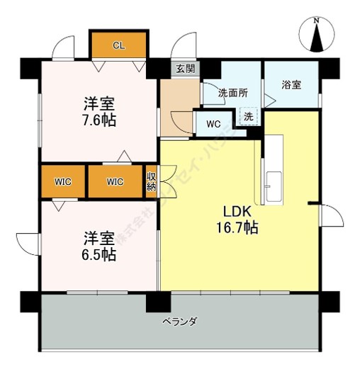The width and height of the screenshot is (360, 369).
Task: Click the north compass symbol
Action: point(317,36)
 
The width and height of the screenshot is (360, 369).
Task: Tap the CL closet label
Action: point(118,45)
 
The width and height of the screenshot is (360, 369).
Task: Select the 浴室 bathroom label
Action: point(291,85)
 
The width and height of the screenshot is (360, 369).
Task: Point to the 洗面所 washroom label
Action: point(232,92)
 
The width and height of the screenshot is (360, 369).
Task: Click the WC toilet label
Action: point(213,123)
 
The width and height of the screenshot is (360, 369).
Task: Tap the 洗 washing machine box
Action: point(249,115)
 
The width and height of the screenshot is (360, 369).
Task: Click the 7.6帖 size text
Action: point(98,119)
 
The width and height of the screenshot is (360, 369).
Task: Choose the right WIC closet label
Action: point(115,181)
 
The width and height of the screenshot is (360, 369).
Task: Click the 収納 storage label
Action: point(151,181)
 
